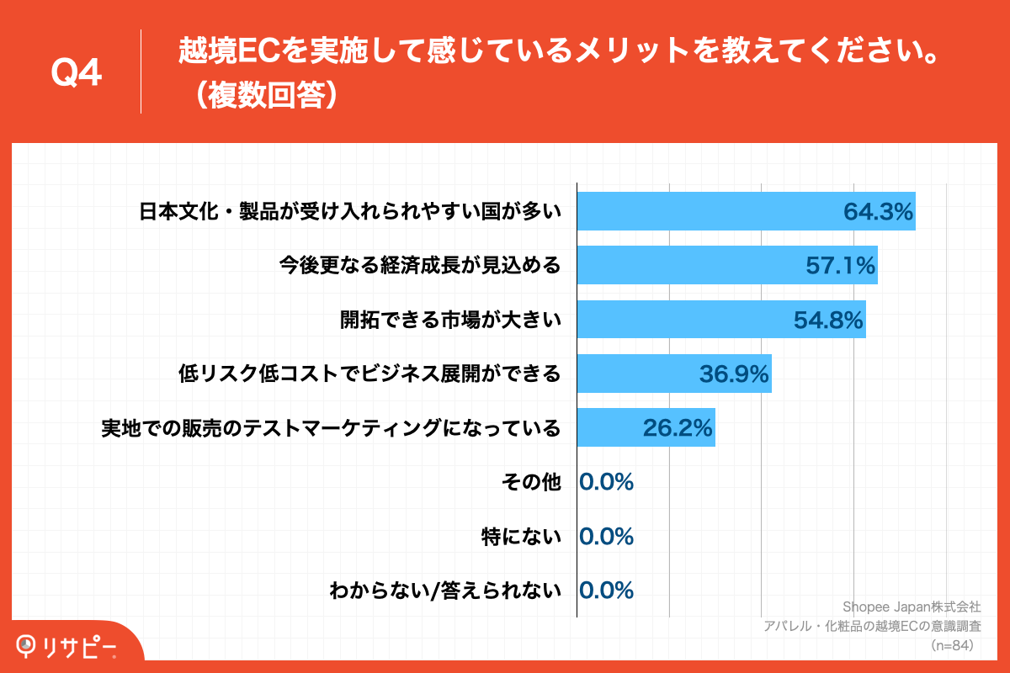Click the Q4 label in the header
(77, 74)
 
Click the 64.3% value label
(879, 212)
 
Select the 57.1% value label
(841, 267)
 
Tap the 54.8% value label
(829, 321)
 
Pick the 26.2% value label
(678, 428)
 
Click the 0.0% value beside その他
(606, 482)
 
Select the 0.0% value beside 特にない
(606, 536)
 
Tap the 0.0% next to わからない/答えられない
(606, 590)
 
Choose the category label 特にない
(521, 536)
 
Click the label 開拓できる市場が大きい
(450, 321)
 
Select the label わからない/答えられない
(445, 590)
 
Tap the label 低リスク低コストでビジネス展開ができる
(369, 374)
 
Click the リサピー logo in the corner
(66, 646)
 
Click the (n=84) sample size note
(952, 645)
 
